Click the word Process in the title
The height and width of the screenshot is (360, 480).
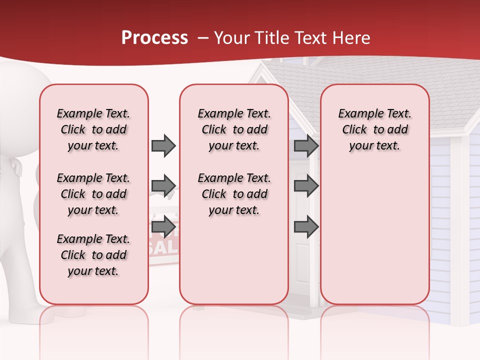pyautogui.click(x=154, y=37)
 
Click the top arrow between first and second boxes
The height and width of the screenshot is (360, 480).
pyautogui.click(x=163, y=145)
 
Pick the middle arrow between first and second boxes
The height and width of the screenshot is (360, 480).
pyautogui.click(x=163, y=186)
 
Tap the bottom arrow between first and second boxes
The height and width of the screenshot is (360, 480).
pyautogui.click(x=163, y=226)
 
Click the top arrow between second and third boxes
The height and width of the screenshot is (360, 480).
pyautogui.click(x=306, y=145)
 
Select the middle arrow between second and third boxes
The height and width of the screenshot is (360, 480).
pyautogui.click(x=306, y=186)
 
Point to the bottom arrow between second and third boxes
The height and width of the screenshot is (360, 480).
pyautogui.click(x=306, y=227)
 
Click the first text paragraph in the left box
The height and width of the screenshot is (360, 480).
pyautogui.click(x=93, y=129)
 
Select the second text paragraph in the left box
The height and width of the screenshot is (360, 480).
pyautogui.click(x=93, y=194)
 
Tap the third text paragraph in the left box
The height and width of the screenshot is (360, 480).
pyautogui.click(x=93, y=255)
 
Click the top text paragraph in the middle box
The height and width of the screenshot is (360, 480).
pyautogui.click(x=234, y=129)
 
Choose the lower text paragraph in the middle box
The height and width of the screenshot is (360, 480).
pyautogui.click(x=234, y=194)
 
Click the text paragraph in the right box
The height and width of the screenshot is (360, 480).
pyautogui.click(x=374, y=129)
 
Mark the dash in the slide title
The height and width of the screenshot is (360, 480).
pyautogui.click(x=203, y=38)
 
